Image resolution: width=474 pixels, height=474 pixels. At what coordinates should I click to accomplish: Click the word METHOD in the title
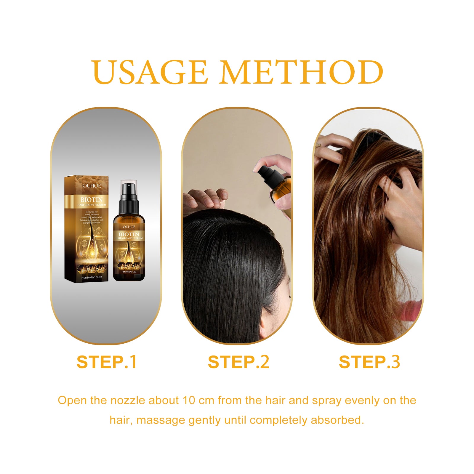click(x=301, y=72)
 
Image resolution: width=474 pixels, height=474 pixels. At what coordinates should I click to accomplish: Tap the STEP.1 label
click(x=106, y=362)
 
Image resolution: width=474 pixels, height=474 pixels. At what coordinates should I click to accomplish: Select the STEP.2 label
click(x=238, y=362)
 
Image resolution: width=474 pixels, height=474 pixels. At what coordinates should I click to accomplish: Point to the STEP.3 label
click(x=369, y=362)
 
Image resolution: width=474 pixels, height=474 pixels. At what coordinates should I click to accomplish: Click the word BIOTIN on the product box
click(x=92, y=200)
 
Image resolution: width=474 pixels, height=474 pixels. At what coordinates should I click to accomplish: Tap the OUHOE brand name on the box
click(x=92, y=186)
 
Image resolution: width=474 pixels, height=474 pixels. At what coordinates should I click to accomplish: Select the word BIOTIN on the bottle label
click(x=129, y=234)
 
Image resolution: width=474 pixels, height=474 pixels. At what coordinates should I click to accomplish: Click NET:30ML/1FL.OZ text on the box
click(x=92, y=277)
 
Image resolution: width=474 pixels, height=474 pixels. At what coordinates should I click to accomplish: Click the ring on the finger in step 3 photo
click(x=318, y=145)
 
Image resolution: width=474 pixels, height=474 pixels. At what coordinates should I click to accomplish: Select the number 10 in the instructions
click(x=188, y=401)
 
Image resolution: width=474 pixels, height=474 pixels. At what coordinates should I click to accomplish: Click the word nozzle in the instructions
click(x=129, y=401)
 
